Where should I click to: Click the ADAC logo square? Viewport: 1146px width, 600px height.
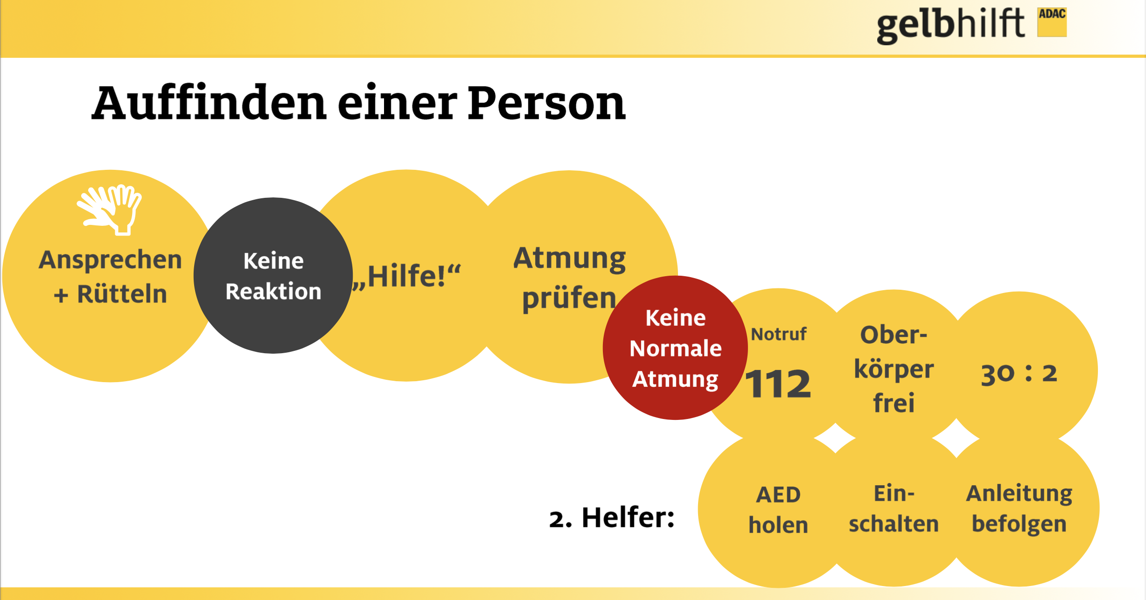click(1052, 22)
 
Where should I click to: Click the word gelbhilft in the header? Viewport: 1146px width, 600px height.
click(950, 26)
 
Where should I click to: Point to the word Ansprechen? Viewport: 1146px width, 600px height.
click(110, 260)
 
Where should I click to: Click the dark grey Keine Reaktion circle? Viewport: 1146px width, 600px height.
click(273, 275)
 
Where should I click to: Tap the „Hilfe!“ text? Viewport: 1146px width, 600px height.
click(406, 276)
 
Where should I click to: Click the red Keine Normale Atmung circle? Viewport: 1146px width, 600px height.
click(675, 348)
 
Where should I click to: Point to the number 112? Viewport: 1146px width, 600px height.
click(778, 384)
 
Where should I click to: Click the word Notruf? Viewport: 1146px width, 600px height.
click(778, 334)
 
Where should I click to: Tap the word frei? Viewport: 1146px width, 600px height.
click(894, 402)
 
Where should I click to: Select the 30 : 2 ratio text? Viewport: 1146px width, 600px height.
click(1019, 373)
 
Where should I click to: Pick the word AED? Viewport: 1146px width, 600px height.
click(778, 495)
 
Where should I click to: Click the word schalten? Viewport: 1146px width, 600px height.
click(894, 523)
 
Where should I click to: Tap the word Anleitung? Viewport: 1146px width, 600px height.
click(1019, 494)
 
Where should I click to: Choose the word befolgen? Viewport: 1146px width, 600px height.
click(1019, 524)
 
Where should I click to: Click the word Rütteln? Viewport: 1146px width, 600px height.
click(122, 294)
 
